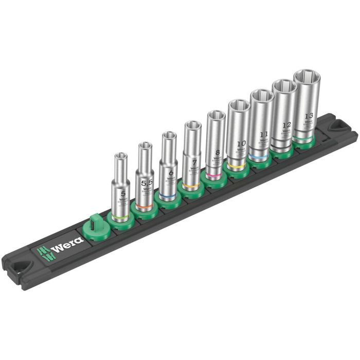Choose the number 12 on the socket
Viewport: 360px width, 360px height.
click(285, 124)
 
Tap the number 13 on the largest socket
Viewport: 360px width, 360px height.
click(308, 116)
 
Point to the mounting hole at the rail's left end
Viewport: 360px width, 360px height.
click(19, 267)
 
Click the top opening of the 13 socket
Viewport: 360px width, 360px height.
click(308, 78)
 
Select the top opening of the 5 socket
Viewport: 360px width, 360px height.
click(121, 157)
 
